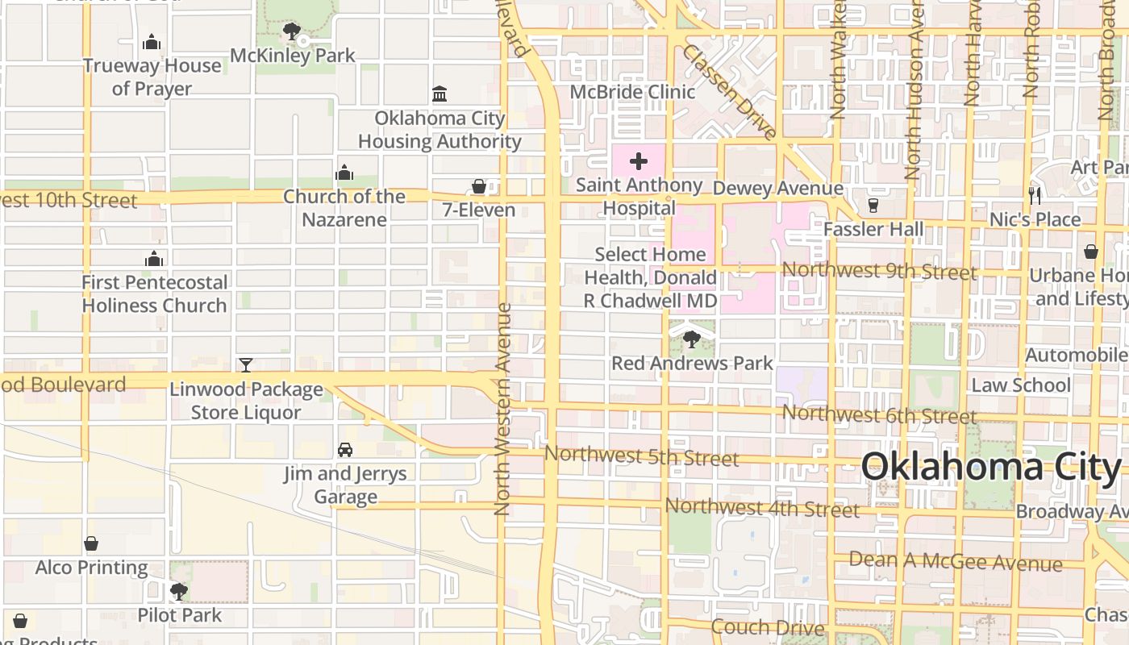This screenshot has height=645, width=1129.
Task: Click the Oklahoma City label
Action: tap(990, 467)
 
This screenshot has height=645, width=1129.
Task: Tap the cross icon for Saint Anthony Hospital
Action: tap(639, 161)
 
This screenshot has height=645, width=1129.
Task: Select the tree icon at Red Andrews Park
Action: tap(691, 339)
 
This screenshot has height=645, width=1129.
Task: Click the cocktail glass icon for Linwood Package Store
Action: tap(246, 365)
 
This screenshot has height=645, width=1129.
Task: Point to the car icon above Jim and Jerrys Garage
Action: tap(345, 450)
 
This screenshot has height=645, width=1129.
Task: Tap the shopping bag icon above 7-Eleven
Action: tap(479, 187)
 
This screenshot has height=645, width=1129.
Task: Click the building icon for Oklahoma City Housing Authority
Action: tap(440, 94)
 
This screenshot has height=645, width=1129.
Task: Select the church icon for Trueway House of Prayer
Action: tap(152, 42)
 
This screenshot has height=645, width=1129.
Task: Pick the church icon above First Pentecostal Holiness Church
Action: tap(154, 259)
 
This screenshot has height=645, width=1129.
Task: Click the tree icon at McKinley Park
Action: tap(292, 32)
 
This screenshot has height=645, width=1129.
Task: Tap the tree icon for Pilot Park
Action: tap(179, 592)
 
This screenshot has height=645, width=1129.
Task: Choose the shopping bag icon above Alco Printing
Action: tap(91, 544)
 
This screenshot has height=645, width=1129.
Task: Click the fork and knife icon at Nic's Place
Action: tap(1035, 195)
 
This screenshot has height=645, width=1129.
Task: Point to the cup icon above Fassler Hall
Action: tap(873, 206)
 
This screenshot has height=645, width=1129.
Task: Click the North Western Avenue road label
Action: tap(503, 409)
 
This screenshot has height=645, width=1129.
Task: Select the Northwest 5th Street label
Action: tap(641, 456)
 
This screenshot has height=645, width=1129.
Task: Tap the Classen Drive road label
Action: tap(730, 91)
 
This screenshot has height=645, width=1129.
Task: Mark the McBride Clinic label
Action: tap(632, 92)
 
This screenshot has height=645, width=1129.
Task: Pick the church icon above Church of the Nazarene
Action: tap(344, 173)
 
